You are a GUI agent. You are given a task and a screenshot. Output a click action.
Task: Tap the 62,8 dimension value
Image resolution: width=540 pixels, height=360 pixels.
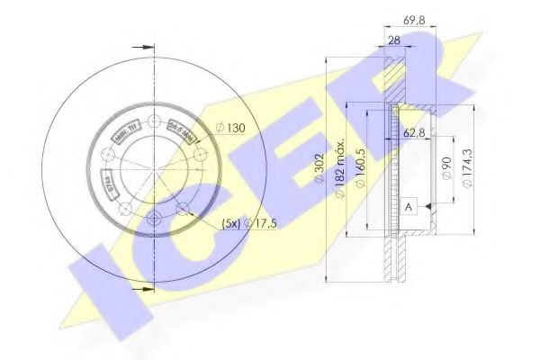[x=415, y=132]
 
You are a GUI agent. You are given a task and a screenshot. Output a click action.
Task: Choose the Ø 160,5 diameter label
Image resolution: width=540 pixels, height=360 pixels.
[x=359, y=169]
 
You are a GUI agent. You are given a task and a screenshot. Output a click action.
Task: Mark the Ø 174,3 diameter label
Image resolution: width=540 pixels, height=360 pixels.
[x=464, y=168]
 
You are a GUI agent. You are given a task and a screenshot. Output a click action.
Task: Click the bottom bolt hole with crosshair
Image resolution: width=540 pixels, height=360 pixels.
[x=153, y=216]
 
